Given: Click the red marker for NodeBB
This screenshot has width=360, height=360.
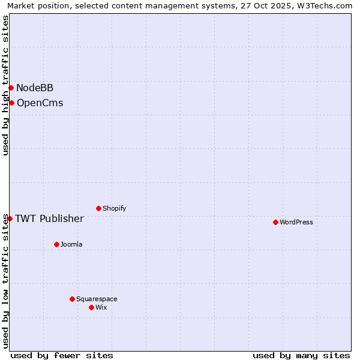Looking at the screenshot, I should pyautogui.click(x=11, y=88).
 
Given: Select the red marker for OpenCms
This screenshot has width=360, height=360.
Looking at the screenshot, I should pyautogui.click(x=11, y=103).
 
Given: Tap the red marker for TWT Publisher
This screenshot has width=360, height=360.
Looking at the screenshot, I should pyautogui.click(x=10, y=218).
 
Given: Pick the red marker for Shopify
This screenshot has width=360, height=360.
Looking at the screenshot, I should pyautogui.click(x=98, y=208).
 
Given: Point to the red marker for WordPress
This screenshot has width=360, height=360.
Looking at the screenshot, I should pyautogui.click(x=275, y=222).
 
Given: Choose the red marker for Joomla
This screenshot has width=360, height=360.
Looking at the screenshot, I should pyautogui.click(x=56, y=244).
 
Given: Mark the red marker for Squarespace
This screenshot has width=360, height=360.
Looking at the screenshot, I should pyautogui.click(x=72, y=299).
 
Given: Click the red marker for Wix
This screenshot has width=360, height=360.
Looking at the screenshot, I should pyautogui.click(x=91, y=307).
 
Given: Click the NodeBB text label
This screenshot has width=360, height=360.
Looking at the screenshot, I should pyautogui.click(x=35, y=88).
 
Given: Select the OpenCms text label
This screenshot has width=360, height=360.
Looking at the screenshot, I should pyautogui.click(x=40, y=103).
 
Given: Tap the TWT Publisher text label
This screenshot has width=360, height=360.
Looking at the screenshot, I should pyautogui.click(x=49, y=218).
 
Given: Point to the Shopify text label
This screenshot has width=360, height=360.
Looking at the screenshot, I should pyautogui.click(x=114, y=208).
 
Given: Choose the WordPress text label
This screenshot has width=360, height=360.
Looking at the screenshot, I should pyautogui.click(x=296, y=222).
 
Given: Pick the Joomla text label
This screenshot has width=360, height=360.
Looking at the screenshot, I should pyautogui.click(x=71, y=244).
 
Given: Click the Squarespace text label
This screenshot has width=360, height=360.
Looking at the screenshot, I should pyautogui.click(x=97, y=299).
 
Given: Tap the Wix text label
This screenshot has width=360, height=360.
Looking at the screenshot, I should pyautogui.click(x=101, y=307).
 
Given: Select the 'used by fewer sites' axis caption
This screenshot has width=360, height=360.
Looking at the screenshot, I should pyautogui.click(x=62, y=355).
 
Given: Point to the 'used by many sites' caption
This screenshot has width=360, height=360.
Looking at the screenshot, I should pyautogui.click(x=301, y=355).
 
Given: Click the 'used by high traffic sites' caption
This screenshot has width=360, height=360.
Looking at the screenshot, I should pyautogui.click(x=5, y=85).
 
